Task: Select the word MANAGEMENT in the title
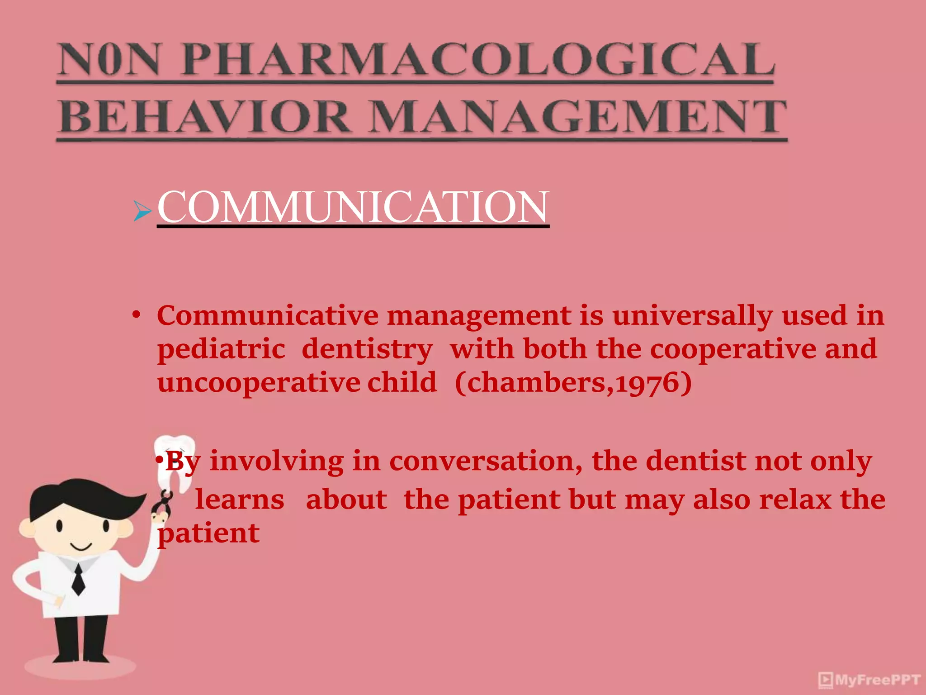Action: coord(579,117)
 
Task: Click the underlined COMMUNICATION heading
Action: coord(353,207)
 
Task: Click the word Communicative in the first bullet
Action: coord(268,315)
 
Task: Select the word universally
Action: coord(692,315)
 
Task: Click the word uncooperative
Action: coord(259,383)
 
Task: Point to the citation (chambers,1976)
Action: coord(573,383)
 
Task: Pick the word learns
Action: coord(240,500)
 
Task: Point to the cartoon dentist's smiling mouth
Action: coord(81,547)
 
